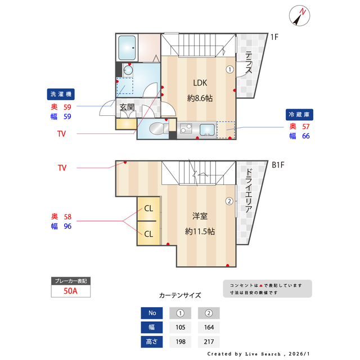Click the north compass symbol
299,16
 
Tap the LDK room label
200,82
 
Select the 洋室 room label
200,216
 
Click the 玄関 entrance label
127,106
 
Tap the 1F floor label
274,38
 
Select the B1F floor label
278,165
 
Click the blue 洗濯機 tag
60,93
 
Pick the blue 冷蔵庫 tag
299,114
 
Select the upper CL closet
148,209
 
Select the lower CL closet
148,233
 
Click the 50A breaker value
70,292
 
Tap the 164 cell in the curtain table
208,327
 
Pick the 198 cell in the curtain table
181,341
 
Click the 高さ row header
152,341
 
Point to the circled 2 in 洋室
229,201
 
